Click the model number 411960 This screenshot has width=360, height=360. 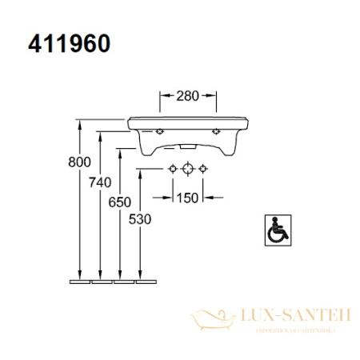[70, 42]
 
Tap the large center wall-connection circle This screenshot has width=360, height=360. [188, 168]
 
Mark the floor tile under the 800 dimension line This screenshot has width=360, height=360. [80, 281]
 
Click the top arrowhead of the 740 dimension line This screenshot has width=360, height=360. [100, 134]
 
